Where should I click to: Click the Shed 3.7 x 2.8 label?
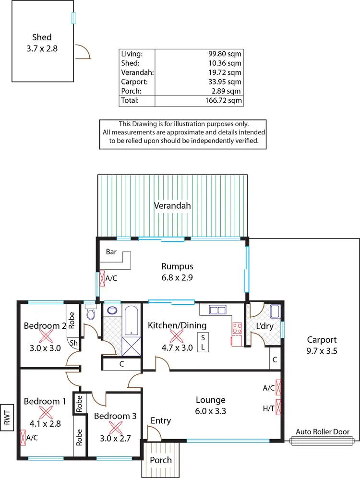[x=42, y=43]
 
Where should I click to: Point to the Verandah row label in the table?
[x=137, y=72]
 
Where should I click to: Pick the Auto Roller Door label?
[x=323, y=432]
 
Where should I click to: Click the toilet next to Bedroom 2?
[x=90, y=313]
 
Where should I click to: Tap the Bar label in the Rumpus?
[x=111, y=251]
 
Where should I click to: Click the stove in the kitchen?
[x=237, y=329]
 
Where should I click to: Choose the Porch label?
[x=161, y=460]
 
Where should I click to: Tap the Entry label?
[x=160, y=421]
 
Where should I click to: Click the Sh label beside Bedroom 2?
[x=74, y=343]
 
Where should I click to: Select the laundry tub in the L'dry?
[x=276, y=312]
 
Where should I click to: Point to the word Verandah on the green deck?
[x=172, y=206]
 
